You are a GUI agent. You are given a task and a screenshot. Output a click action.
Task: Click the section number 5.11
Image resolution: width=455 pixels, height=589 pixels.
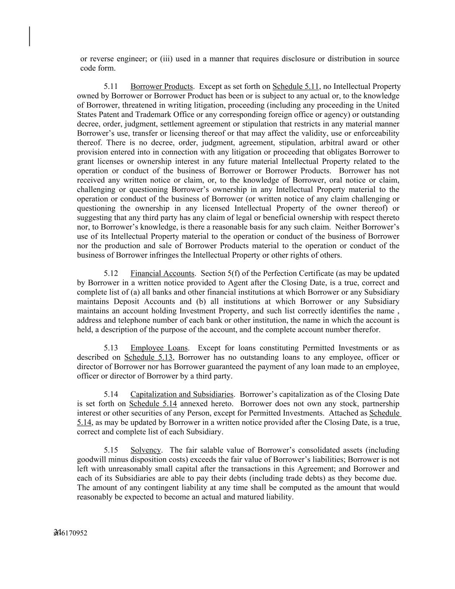point(111,87)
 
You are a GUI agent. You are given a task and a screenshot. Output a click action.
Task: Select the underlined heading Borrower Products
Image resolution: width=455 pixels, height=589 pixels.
point(161,87)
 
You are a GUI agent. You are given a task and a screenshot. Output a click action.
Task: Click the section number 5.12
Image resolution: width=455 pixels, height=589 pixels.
point(111,274)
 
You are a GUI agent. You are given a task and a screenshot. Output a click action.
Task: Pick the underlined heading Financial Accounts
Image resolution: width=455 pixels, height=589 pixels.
point(162,274)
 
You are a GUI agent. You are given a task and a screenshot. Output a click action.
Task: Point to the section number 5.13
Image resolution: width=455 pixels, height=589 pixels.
point(111,348)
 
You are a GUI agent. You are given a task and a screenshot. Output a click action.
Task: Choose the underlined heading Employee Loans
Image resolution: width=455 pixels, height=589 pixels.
point(159,348)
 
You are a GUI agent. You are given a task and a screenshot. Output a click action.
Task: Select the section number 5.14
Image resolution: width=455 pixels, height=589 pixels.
point(111,394)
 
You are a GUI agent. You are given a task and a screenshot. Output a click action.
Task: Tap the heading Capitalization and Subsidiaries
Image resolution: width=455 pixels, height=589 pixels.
point(182,394)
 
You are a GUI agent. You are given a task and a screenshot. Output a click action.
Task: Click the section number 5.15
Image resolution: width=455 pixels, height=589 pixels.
point(111,450)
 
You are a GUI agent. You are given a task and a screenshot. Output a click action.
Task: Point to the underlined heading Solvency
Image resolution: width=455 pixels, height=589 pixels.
point(146,450)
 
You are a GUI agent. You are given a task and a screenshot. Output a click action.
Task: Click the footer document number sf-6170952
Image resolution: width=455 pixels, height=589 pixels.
point(70,533)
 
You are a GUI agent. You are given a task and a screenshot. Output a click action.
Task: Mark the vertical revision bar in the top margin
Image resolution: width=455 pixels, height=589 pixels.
point(30,36)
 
